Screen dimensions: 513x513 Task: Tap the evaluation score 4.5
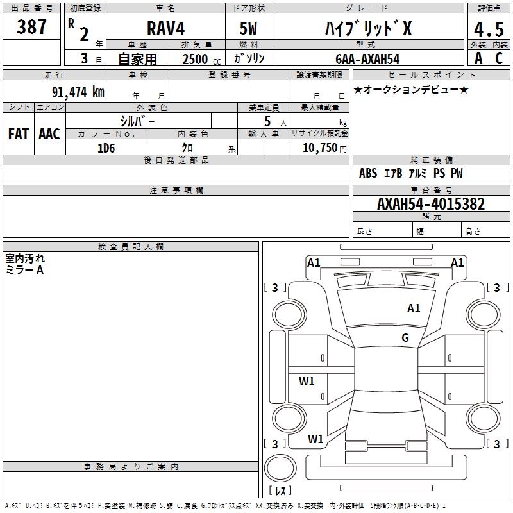[488, 30]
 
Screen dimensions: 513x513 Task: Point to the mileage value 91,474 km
[78, 92]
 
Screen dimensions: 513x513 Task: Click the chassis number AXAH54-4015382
[431, 204]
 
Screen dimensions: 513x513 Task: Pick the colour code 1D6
[106, 148]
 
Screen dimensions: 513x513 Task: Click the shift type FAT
[18, 133]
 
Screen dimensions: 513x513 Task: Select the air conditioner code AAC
[49, 133]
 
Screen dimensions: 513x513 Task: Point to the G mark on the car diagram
[405, 338]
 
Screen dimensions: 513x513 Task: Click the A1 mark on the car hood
[414, 308]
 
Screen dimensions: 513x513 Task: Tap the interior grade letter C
[498, 58]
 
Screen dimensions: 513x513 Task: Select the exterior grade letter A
[478, 58]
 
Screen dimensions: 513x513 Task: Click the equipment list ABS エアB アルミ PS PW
[410, 173]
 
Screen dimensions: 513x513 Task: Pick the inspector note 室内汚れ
[25, 258]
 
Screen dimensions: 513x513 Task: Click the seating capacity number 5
[267, 121]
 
